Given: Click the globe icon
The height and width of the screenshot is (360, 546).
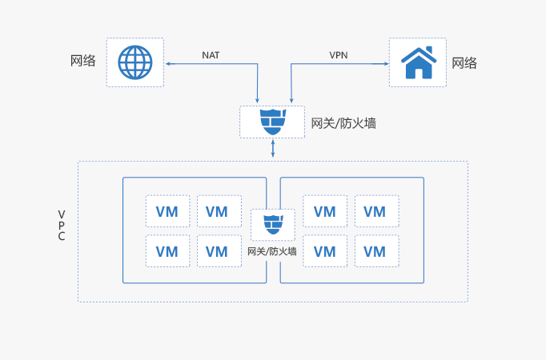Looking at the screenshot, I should click(x=134, y=62).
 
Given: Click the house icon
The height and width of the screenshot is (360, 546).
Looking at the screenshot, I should click(x=418, y=62).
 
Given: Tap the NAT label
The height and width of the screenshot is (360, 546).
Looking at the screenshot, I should click(x=211, y=55).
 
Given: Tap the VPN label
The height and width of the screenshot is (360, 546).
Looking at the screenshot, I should click(x=339, y=55).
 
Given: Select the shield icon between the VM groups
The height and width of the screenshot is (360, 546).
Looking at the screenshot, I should click(x=273, y=223).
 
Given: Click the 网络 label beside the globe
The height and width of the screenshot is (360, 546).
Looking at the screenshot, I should click(x=84, y=61).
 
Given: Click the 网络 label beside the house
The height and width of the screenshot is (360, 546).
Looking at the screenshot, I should click(x=464, y=62).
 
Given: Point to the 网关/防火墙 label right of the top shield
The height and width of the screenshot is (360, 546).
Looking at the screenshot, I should click(x=343, y=123).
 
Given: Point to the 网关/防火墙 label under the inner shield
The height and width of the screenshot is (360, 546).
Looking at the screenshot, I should click(x=272, y=250).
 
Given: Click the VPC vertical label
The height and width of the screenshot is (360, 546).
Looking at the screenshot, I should click(x=62, y=226).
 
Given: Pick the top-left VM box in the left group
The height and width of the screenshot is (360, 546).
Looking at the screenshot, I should click(x=167, y=211).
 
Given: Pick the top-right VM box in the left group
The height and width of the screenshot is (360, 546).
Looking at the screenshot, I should click(x=217, y=211).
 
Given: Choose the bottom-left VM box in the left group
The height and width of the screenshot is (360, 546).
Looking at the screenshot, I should click(x=167, y=251).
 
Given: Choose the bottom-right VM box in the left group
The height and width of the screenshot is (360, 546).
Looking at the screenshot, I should click(x=217, y=251).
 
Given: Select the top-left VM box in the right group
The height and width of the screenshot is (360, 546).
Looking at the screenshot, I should click(x=325, y=211).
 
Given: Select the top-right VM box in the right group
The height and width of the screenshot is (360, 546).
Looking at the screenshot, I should click(x=375, y=211).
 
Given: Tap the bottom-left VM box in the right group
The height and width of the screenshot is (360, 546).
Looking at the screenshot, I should click(x=325, y=251).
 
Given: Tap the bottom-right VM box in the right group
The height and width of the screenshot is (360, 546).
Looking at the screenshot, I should click(x=375, y=251).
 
